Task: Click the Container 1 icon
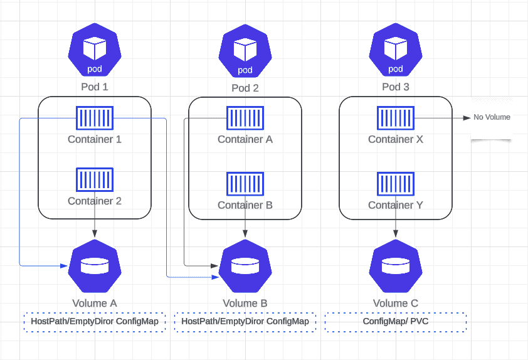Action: [x=95, y=117]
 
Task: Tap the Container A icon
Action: [x=245, y=117]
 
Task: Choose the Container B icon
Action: [x=245, y=183]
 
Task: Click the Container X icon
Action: [x=396, y=117]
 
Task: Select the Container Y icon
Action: [x=396, y=183]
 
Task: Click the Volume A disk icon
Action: [x=95, y=266]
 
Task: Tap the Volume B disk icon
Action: [x=245, y=266]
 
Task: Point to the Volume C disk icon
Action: [x=396, y=266]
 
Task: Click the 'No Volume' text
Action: [x=492, y=117]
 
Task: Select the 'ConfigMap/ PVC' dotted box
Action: [x=396, y=322]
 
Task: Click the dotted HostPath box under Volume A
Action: [x=95, y=322]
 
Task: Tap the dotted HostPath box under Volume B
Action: [x=245, y=322]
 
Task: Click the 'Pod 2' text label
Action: [x=245, y=88]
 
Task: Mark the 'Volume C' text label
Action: [x=396, y=304]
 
